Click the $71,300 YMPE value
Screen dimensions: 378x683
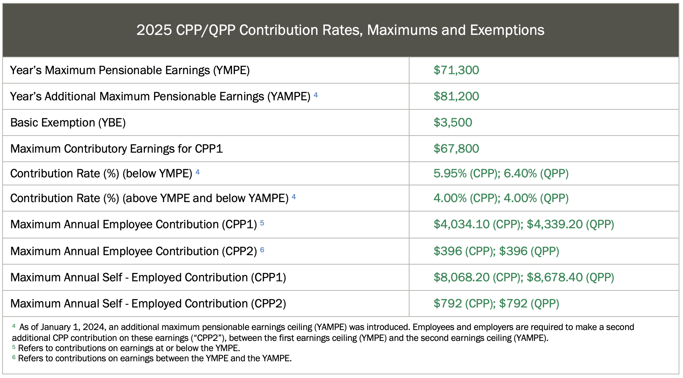456,70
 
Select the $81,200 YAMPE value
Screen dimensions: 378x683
456,96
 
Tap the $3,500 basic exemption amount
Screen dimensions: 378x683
453,122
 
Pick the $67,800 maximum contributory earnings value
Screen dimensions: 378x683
456,149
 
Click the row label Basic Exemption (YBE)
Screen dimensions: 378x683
68,122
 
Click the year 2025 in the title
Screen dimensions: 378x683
154,30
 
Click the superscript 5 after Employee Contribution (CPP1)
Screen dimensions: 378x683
262,223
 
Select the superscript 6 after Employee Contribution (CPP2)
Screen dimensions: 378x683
262,250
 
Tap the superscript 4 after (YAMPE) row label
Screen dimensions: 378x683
316,95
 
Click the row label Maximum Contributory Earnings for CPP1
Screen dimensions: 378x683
116,149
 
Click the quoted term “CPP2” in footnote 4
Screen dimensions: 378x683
208,338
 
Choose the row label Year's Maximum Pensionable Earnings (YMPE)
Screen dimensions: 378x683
130,70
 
